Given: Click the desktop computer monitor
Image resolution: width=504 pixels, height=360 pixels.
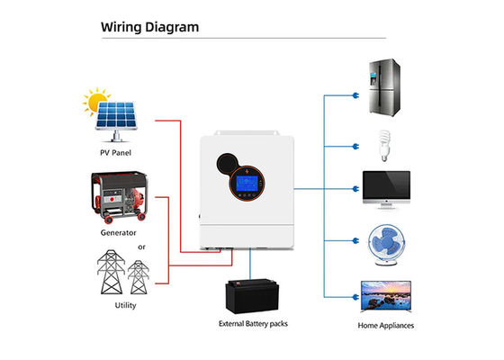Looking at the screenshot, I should pos(386,189).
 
